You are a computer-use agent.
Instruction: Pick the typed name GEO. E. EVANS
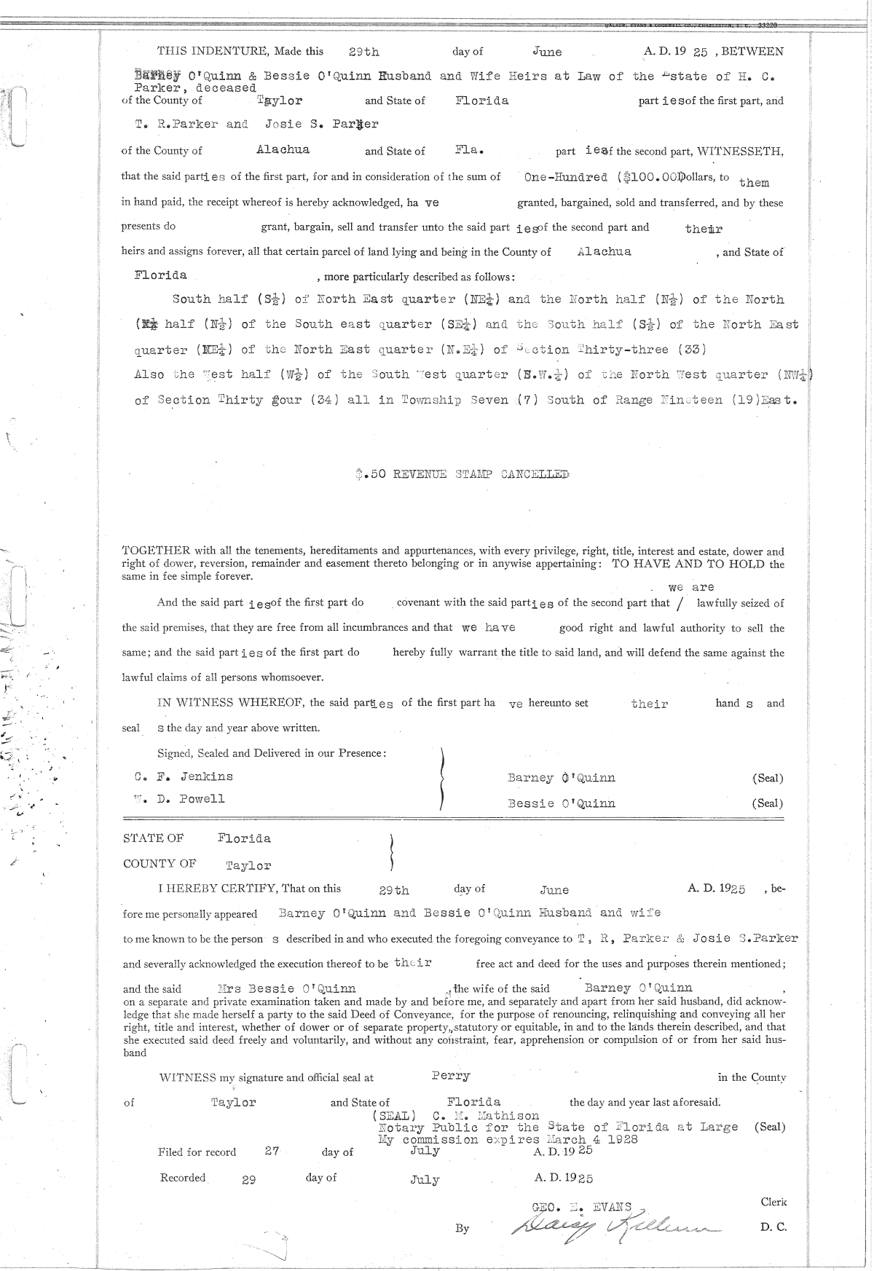(582, 1205)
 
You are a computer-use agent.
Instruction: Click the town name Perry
(450, 1076)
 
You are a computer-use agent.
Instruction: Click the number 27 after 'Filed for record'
(272, 1151)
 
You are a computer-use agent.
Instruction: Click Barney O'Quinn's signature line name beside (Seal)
(561, 778)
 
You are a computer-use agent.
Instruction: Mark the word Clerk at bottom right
(773, 1202)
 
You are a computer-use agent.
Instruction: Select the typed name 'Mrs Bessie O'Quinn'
(287, 988)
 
